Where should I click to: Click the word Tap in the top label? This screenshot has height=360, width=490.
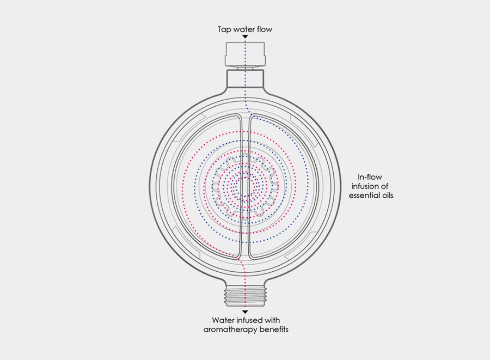tap(224, 30)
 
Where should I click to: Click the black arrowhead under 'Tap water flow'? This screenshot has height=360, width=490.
tap(246, 37)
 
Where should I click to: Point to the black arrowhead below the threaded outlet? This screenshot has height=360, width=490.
tap(246, 312)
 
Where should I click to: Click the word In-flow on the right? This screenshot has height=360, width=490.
tap(370, 177)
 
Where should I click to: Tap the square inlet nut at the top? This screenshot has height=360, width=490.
tap(246, 54)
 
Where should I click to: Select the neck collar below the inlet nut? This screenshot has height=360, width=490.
tap(246, 79)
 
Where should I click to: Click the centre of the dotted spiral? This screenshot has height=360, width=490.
tap(246, 187)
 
